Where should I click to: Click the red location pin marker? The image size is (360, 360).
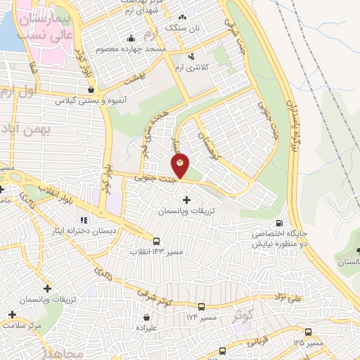(180, 166)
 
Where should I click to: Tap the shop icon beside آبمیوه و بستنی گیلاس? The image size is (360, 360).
(91, 89)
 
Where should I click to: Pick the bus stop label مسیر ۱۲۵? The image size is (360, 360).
(309, 343)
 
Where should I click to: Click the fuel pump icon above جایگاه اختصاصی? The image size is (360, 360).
(282, 223)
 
